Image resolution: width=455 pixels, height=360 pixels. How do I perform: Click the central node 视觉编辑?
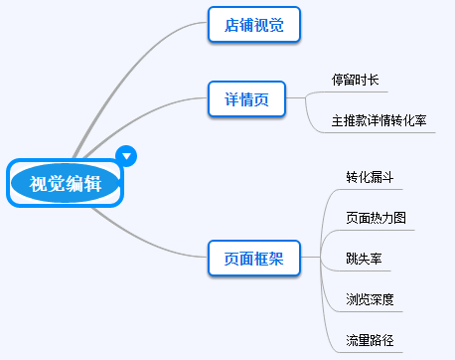pyautogui.click(x=64, y=183)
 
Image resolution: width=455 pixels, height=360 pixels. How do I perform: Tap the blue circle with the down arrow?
pyautogui.click(x=126, y=155)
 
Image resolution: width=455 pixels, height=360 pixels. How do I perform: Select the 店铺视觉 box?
pyautogui.click(x=253, y=25)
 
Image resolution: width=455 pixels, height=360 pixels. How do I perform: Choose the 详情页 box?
pyautogui.click(x=247, y=99)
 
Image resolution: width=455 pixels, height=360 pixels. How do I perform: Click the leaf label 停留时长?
pyautogui.click(x=355, y=79)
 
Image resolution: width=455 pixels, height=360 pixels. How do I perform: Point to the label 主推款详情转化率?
pyautogui.click(x=379, y=120)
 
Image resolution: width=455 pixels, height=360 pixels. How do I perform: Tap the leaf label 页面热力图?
pyautogui.click(x=376, y=218)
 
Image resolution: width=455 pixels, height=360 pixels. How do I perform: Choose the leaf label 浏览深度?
pyautogui.click(x=369, y=299)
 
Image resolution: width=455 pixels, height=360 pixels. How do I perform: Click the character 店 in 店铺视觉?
pyautogui.click(x=229, y=25)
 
